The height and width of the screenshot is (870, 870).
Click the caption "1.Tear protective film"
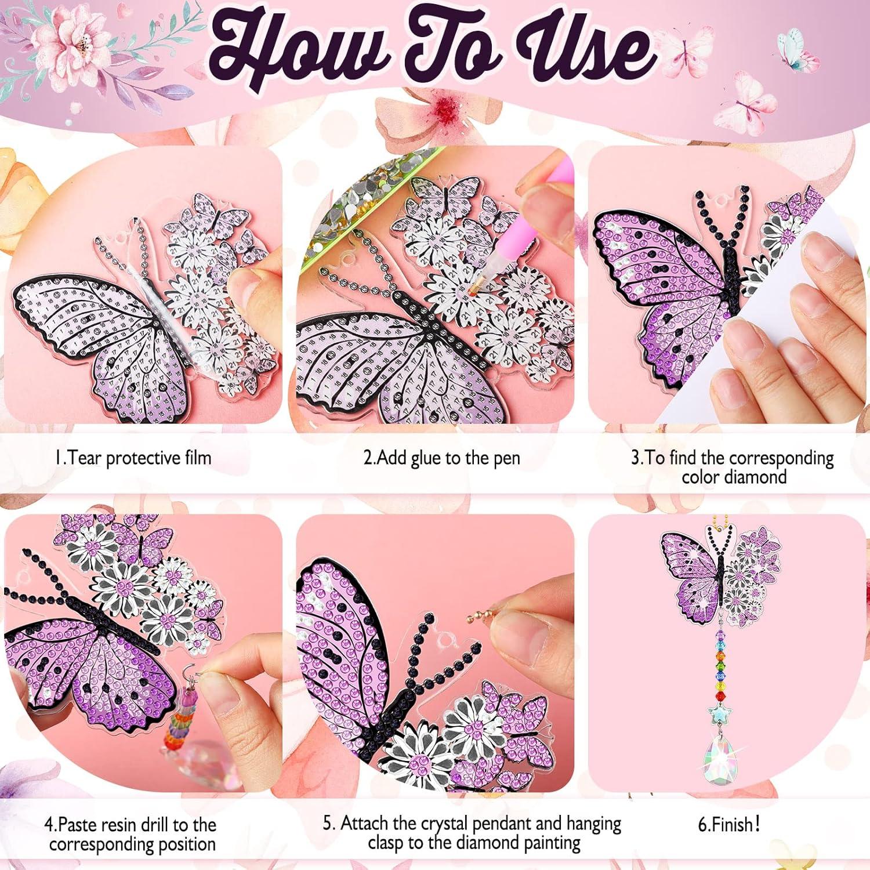point(133,458)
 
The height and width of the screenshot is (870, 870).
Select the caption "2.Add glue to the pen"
point(441,458)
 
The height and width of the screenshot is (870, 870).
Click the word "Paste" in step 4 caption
point(81,825)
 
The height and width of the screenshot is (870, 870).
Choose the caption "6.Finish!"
point(729,824)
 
